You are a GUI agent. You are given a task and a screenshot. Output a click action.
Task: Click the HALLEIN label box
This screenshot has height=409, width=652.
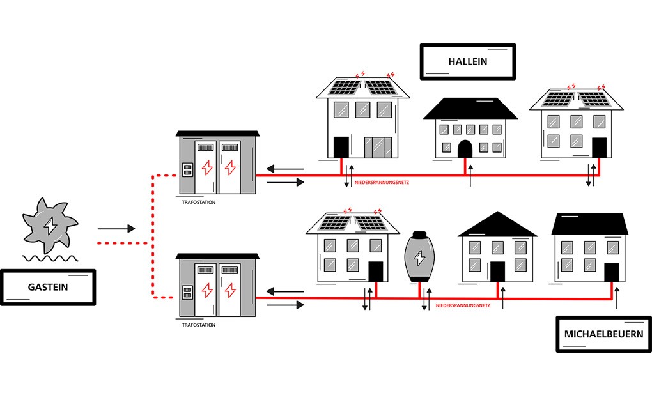(467, 62)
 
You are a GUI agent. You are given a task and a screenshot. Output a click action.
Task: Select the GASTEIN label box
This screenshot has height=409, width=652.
(48, 287)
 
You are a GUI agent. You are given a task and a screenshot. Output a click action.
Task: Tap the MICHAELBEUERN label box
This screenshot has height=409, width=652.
(603, 334)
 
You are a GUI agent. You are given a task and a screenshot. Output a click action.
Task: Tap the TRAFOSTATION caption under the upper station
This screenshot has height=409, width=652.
(199, 202)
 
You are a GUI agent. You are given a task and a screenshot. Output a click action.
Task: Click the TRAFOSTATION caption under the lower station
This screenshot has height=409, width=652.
(199, 325)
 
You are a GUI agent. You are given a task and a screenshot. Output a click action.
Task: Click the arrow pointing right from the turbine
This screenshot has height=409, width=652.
(116, 228)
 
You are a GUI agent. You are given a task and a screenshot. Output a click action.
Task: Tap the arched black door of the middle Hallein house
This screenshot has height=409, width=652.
(465, 149)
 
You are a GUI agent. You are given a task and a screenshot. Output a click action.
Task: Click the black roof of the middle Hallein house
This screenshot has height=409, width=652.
(470, 109)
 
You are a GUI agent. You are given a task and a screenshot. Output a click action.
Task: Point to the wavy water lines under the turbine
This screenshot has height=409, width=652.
(50, 258)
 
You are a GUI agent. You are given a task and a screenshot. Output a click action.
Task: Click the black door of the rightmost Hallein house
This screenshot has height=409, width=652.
(599, 148)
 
